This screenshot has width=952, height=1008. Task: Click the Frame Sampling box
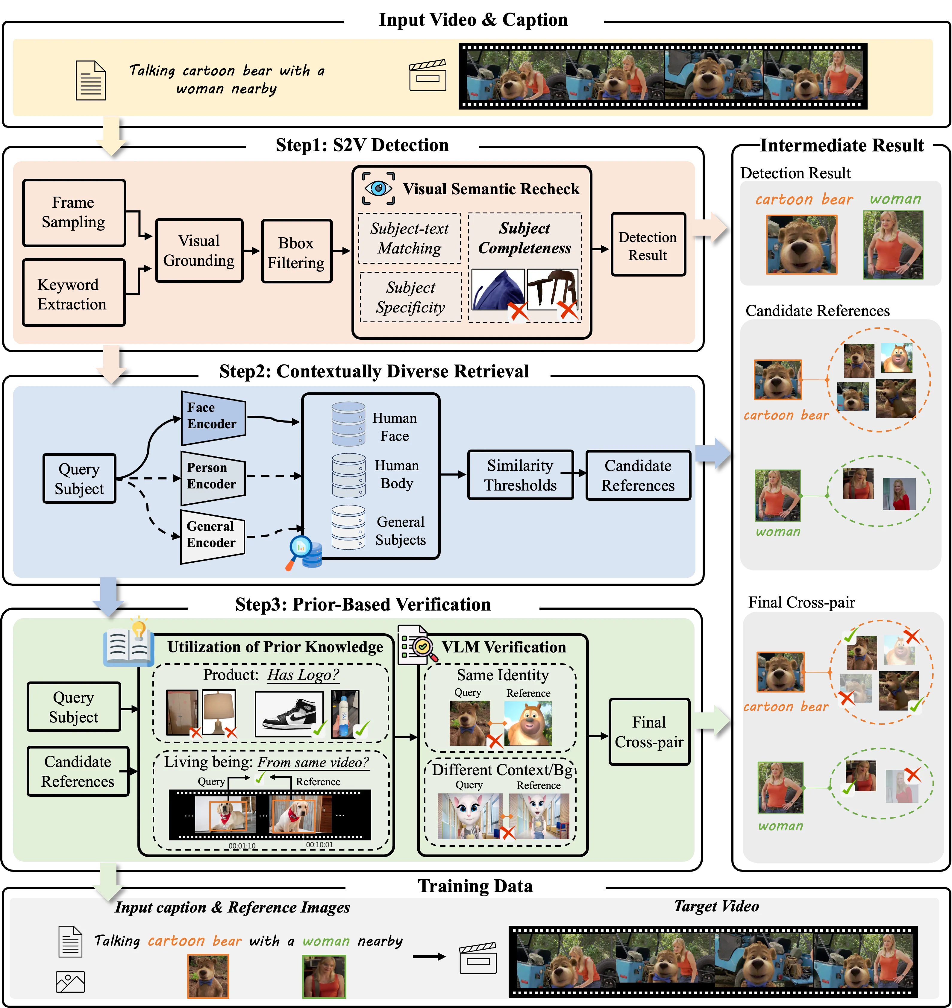(74, 212)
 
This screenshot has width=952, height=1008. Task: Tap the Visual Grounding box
(199, 251)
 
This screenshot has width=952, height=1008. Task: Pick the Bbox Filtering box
(296, 252)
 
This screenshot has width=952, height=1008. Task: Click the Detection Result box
(648, 245)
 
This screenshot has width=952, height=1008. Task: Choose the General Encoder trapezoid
(213, 536)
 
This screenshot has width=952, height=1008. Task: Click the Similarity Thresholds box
(520, 475)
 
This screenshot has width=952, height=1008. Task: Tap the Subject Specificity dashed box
(410, 297)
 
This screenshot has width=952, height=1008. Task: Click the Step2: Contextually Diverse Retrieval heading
(374, 371)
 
